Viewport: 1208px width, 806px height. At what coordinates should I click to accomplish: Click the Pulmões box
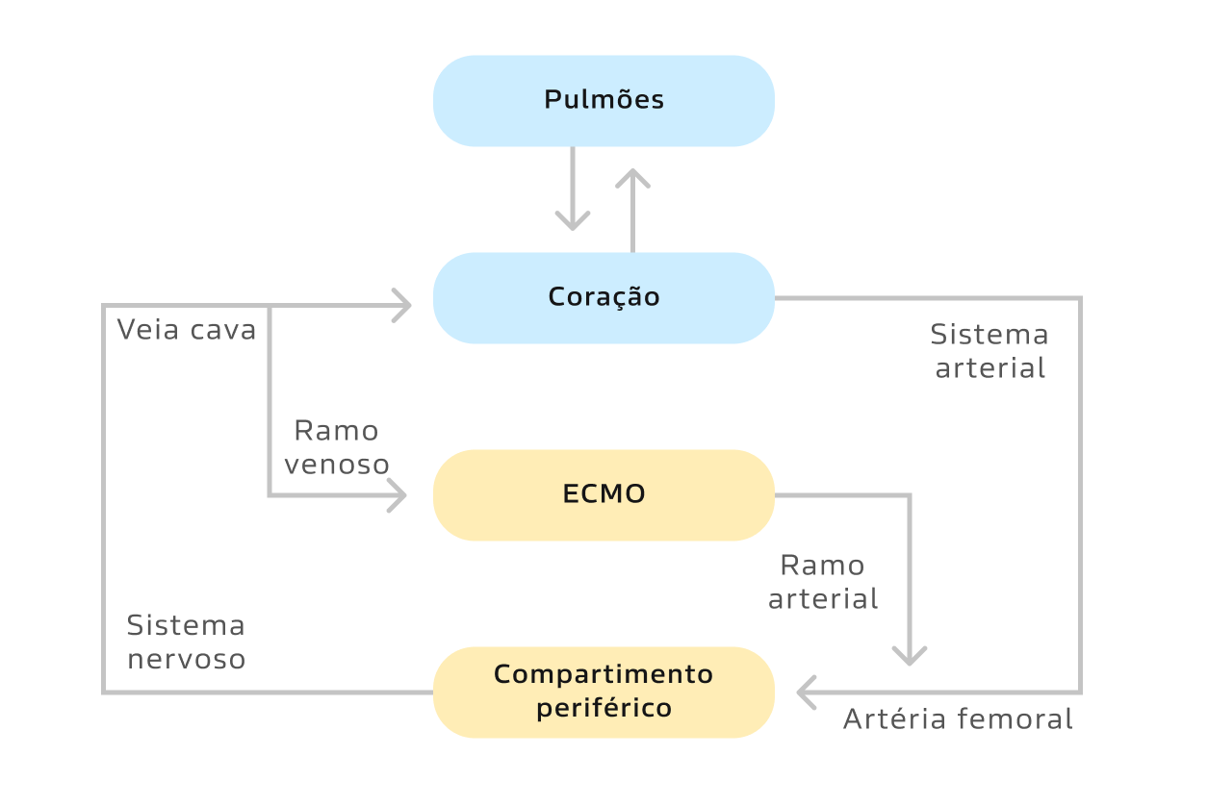coord(604,101)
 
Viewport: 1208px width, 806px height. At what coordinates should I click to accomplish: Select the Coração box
coord(604,297)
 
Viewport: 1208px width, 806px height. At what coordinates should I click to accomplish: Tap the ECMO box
coord(604,494)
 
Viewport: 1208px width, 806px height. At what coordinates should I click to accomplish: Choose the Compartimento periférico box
coord(604,692)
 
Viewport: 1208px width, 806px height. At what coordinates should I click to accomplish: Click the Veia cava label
coord(187,330)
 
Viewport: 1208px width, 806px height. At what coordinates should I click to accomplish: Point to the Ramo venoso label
coord(337,447)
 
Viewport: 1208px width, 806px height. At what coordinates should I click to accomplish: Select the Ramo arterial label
coord(823,582)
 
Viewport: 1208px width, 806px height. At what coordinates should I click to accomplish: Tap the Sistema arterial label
coord(990,351)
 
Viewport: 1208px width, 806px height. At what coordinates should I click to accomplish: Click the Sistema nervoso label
coord(186,642)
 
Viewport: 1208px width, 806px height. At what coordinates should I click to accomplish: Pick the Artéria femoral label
coord(958,719)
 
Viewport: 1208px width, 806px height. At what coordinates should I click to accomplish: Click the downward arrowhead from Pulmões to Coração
coord(573,221)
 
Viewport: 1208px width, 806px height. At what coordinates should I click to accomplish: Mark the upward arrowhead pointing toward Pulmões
coord(632,178)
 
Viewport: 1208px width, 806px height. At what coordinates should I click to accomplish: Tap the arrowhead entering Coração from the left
coord(402,306)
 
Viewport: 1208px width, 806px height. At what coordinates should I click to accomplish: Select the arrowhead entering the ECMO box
coord(398,496)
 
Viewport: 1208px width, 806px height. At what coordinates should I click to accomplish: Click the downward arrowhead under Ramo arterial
coord(910,656)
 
